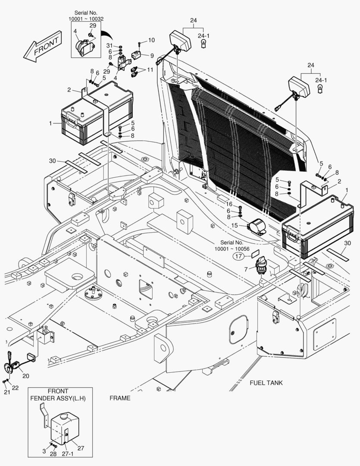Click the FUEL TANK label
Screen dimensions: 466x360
266,383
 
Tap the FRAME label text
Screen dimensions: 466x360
120,398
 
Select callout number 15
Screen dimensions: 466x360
235,225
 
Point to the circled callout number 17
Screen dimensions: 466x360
238,256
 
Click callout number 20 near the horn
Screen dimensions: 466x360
26,376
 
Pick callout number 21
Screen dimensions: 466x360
7,392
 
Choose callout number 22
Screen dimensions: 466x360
15,387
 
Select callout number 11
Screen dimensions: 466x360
150,69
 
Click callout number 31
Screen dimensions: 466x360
110,46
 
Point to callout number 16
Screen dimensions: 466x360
229,204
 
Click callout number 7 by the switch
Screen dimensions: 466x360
246,269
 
